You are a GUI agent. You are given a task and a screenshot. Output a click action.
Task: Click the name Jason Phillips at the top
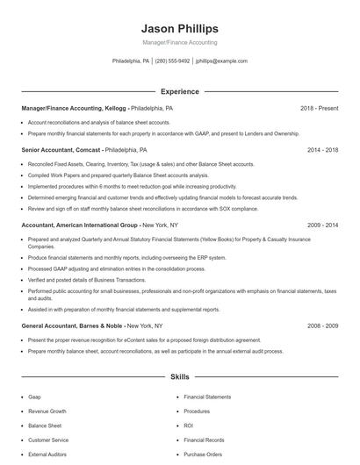[x=179, y=28]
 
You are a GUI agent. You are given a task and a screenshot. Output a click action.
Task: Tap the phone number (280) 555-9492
[x=172, y=61]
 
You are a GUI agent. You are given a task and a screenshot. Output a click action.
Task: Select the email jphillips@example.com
[x=221, y=61]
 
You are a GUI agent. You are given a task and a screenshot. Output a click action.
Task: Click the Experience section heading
[x=179, y=91]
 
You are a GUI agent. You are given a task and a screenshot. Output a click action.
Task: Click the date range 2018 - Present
[x=319, y=108]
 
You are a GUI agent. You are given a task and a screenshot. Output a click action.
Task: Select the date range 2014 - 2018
[x=322, y=150]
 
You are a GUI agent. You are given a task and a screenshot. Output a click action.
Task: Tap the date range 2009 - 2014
[x=322, y=225]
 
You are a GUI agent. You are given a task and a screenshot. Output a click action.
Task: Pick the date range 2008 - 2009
[x=322, y=325]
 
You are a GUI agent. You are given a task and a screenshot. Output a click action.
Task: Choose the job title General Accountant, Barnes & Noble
[x=73, y=325]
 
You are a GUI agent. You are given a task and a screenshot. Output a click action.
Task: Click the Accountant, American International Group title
[x=80, y=225]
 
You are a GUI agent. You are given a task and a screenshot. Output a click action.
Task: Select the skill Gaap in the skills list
[x=34, y=397]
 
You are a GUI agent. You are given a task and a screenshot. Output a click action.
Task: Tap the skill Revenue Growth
[x=47, y=411]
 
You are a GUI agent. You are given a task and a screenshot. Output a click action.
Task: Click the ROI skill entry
[x=189, y=426]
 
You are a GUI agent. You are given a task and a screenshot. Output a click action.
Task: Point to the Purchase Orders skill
[x=203, y=454]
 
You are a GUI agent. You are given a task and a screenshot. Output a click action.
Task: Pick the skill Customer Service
[x=48, y=440]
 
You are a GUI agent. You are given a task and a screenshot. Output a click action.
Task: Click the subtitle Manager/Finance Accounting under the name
[x=179, y=42]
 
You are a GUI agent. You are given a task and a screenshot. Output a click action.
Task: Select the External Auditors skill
[x=48, y=454]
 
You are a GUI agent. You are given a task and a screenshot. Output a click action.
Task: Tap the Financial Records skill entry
[x=204, y=440]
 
